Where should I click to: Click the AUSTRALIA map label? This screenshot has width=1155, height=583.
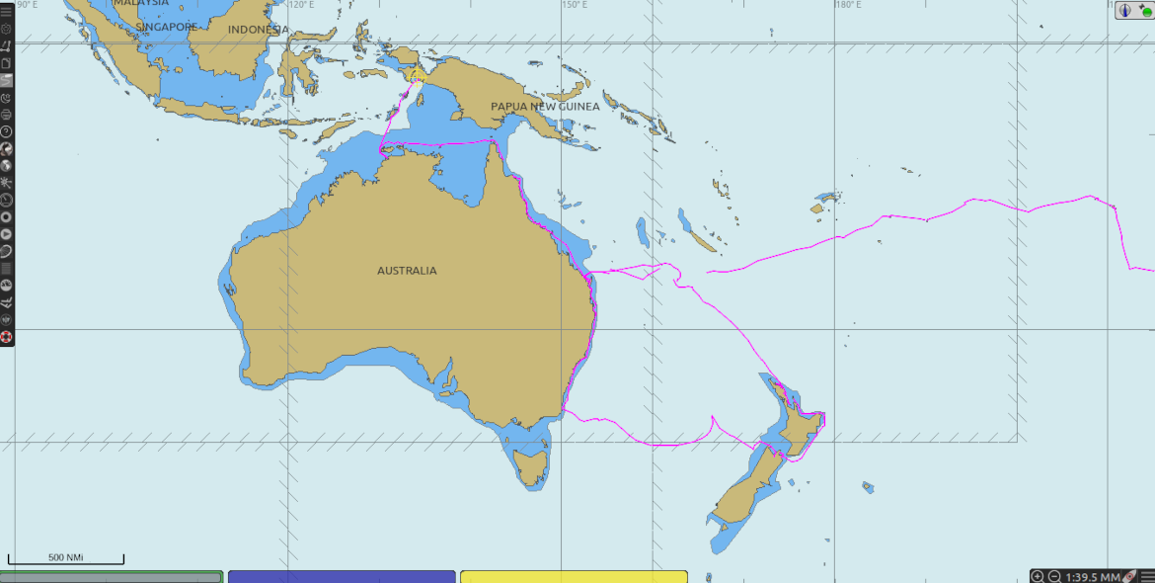[x=407, y=271]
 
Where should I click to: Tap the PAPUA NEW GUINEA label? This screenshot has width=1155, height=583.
[x=545, y=107]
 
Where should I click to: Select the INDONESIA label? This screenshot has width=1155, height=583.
[x=259, y=30]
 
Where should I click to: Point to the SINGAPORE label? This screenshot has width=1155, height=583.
[x=167, y=27]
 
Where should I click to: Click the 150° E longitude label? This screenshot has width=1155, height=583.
[x=576, y=5]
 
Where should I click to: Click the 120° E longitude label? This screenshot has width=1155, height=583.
[x=300, y=5]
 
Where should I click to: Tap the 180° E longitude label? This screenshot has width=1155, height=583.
[x=847, y=5]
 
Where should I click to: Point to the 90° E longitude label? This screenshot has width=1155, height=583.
[x=28, y=5]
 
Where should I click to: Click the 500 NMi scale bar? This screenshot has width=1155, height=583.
[x=66, y=559]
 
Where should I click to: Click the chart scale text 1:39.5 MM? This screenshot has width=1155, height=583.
[x=1093, y=576]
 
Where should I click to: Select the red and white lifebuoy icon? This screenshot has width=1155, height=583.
[x=6, y=337]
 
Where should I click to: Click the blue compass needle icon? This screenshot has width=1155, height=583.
[x=1124, y=10]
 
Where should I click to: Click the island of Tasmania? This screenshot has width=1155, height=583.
[x=529, y=465]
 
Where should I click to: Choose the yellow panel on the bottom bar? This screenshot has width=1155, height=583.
[x=574, y=576]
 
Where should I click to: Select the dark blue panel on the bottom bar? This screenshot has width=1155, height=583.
[x=342, y=576]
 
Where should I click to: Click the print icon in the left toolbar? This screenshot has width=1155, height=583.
[x=6, y=114]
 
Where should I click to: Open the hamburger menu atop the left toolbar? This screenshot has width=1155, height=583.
[x=6, y=11]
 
